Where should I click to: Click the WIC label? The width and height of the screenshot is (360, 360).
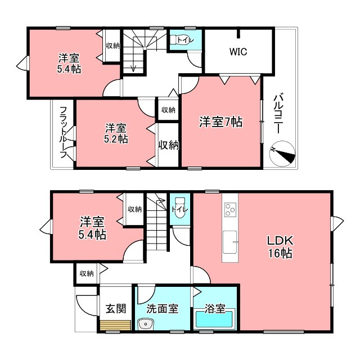238,52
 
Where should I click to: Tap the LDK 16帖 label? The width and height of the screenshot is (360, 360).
280,247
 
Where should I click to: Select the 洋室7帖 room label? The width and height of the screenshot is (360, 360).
220,121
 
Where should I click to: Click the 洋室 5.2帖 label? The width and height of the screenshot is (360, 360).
116,133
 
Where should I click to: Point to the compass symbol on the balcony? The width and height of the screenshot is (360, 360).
282,153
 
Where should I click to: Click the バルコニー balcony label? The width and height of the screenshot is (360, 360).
278,112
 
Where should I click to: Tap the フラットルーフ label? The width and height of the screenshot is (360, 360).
64,132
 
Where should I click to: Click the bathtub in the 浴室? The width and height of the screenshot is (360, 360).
215,319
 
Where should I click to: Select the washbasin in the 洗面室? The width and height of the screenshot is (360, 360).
146,324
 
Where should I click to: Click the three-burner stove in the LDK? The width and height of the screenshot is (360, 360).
230,209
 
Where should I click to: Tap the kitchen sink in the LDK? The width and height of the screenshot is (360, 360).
230,242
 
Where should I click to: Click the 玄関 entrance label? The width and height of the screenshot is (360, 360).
116,309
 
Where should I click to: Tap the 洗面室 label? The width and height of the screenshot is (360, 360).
163,309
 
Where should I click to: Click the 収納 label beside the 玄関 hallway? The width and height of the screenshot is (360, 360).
87,274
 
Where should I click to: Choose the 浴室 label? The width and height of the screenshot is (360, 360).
215,309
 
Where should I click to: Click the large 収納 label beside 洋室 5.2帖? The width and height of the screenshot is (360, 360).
169,145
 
